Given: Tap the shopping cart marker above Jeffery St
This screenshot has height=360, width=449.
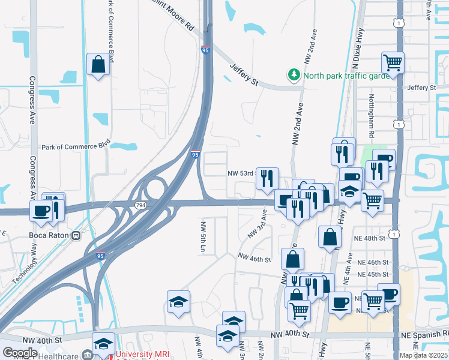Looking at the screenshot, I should click(x=393, y=62).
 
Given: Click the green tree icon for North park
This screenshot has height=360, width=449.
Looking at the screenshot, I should click(x=294, y=75).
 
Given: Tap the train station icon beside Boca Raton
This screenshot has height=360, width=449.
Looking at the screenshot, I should click(x=76, y=235).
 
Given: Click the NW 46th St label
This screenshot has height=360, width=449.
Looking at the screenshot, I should click(x=255, y=257).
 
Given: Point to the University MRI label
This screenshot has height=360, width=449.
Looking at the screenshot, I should click(x=143, y=355).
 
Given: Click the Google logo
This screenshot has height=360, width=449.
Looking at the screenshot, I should click(x=20, y=353).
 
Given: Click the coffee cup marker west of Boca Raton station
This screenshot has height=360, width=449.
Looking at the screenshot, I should click(x=41, y=211).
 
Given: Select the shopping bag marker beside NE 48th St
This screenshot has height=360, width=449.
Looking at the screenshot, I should click(x=330, y=237).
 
